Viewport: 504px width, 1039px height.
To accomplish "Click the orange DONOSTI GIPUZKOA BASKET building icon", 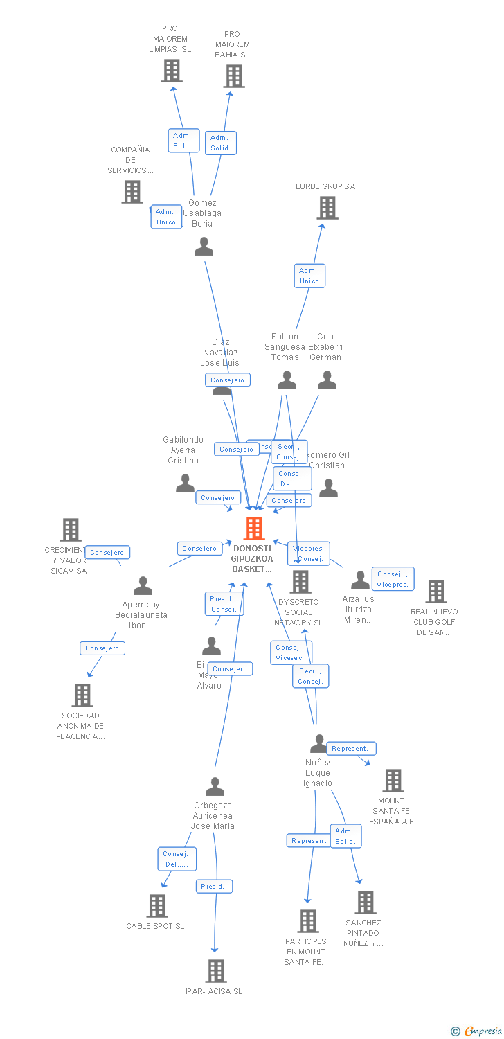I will (254, 529).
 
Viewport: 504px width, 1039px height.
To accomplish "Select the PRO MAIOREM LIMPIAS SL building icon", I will (172, 71).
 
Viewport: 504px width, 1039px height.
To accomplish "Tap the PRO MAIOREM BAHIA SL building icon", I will (234, 76).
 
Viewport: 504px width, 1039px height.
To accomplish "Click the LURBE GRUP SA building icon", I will (327, 207).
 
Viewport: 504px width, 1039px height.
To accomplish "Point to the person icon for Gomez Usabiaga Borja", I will (204, 247).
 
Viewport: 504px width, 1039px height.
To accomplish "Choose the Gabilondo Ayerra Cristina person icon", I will (185, 483).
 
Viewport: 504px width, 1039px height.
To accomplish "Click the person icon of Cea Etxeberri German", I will (327, 380).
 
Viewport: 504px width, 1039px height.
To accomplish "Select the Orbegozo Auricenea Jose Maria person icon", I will (215, 787).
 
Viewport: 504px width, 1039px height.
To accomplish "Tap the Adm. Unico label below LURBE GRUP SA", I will (309, 276).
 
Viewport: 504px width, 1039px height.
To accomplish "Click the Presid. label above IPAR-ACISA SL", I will (213, 887).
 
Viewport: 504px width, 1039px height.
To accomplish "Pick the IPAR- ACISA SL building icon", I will (216, 971).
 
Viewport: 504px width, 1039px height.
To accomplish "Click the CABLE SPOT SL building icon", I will (157, 906).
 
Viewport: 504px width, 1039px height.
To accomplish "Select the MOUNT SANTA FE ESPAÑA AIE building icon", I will (393, 781).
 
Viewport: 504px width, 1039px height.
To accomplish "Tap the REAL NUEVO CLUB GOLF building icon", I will (436, 592).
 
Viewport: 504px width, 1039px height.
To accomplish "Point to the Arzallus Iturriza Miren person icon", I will (360, 580).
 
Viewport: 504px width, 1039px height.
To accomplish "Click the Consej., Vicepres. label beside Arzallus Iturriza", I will (393, 579).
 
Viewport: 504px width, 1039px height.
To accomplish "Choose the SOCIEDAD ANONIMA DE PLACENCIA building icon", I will (82, 695).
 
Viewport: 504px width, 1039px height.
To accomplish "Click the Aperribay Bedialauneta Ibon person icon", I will (143, 586).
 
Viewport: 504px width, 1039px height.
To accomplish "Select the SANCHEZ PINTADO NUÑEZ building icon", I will (365, 903).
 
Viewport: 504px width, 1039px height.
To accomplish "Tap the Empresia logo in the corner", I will (478, 1031).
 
